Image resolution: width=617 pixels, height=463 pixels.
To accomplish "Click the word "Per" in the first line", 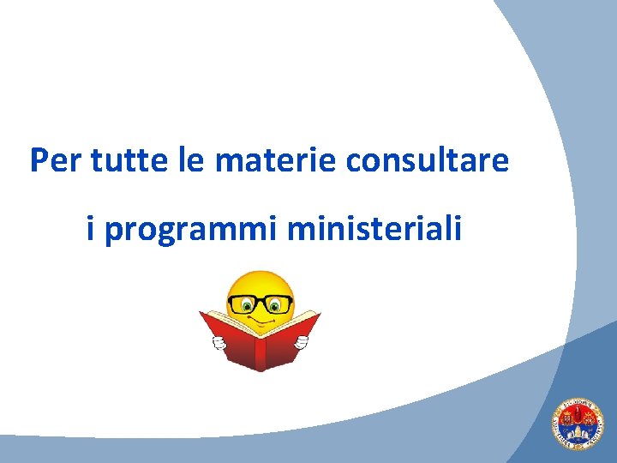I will click(53, 160).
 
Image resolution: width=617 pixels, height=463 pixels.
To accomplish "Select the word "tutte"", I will click(117, 160).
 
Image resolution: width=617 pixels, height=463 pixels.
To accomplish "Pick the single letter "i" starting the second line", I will click(91, 229).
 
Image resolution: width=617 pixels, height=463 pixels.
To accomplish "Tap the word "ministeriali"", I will click(375, 229).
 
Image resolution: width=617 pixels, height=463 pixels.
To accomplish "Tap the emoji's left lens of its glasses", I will click(243, 304).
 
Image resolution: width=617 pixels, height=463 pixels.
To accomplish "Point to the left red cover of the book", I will click(230, 340).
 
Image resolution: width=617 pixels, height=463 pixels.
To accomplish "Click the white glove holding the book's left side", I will click(218, 343).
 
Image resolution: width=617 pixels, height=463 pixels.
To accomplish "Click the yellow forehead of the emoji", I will click(259, 283).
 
